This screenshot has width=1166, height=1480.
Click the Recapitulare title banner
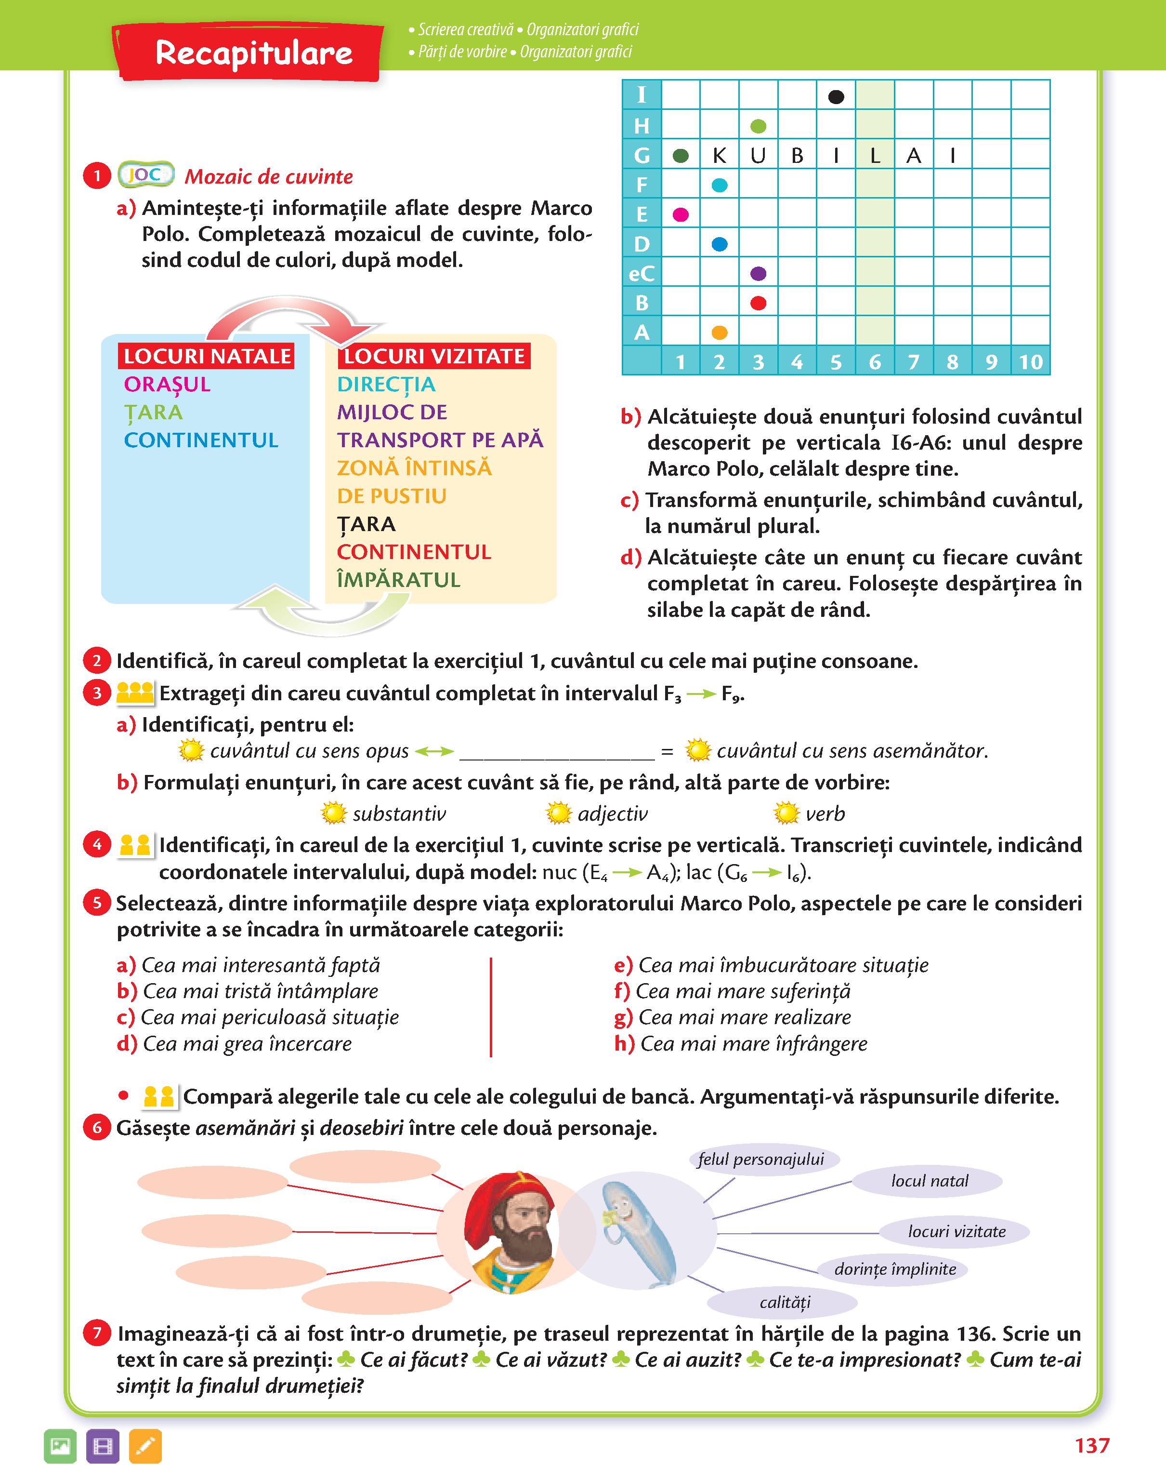coord(252,53)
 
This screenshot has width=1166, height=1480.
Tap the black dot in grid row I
coord(836,97)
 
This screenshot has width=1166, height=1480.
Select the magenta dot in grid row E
coord(681,214)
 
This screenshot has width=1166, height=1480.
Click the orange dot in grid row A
coord(720,333)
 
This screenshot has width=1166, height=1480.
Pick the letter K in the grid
coord(720,156)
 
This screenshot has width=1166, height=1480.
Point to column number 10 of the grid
coord(1030,362)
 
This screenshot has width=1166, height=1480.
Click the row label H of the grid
coord(642,126)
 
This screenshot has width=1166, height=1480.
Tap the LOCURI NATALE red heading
coord(207,356)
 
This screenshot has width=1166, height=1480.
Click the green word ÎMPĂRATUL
coord(399,580)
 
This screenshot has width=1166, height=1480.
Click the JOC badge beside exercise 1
coord(145,175)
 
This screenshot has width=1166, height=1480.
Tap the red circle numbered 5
coord(97,903)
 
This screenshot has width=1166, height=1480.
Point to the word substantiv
coord(399,813)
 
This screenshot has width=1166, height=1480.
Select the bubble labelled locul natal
coord(929,1181)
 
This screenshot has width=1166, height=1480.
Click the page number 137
coord(1091,1445)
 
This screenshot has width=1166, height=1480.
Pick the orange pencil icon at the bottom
coord(145,1446)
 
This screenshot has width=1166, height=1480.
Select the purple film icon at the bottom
coord(103,1446)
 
